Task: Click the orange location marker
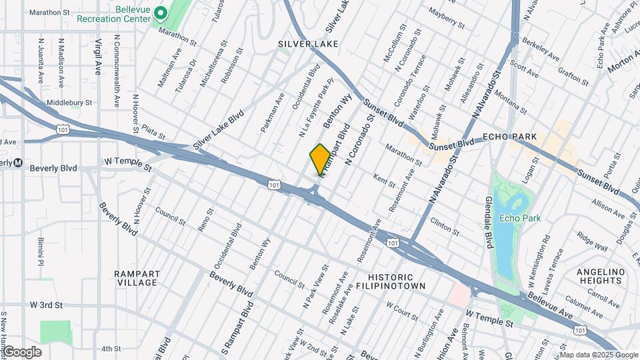(x=320, y=159)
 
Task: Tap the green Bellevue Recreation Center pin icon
(x=160, y=13)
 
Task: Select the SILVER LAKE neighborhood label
(x=308, y=44)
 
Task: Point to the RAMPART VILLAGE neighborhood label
(x=137, y=278)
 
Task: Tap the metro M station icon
(x=19, y=163)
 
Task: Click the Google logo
(x=21, y=352)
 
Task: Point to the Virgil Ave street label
(x=98, y=56)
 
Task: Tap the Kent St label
(x=385, y=179)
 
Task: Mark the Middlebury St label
(x=69, y=103)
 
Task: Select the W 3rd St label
(x=46, y=305)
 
